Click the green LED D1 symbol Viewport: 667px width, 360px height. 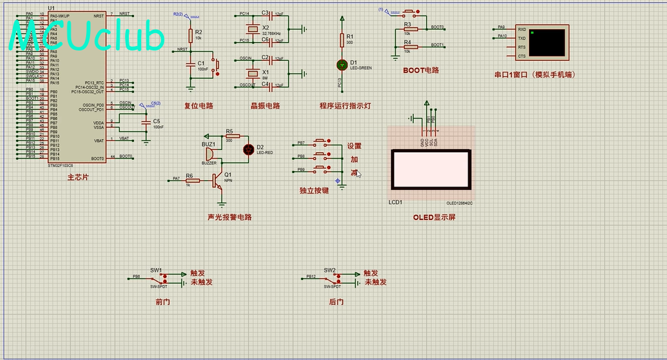point(342,64)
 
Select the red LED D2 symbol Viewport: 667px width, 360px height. point(248,150)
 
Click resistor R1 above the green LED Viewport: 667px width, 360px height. point(342,40)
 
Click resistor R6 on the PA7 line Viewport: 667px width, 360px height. point(192,181)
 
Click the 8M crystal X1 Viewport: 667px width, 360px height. point(253,75)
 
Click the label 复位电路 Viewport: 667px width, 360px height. point(199,106)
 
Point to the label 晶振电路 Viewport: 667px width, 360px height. point(265,106)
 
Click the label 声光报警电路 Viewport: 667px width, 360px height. point(229,218)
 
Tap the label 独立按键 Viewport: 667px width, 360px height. point(314,191)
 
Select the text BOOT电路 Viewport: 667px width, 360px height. point(421,71)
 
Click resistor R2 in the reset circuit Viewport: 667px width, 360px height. point(190,36)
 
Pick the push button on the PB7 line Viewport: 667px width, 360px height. point(322,142)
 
